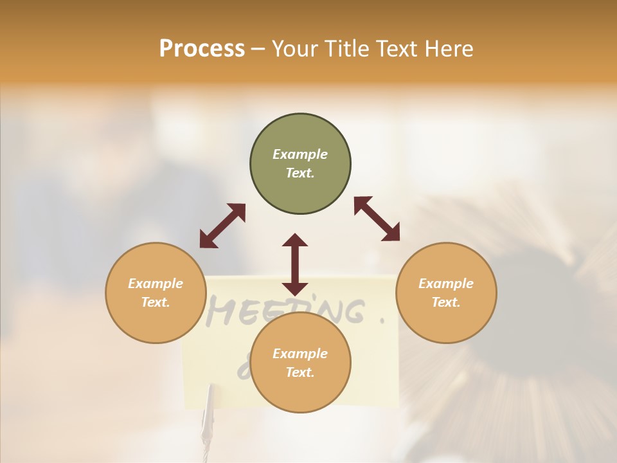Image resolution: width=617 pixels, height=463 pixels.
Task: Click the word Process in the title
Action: click(x=202, y=49)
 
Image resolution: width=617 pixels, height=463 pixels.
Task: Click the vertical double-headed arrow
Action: click(x=295, y=264)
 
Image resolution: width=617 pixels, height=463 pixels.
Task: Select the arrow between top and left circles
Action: click(x=222, y=226)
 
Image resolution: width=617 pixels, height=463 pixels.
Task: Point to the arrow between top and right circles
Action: click(x=377, y=219)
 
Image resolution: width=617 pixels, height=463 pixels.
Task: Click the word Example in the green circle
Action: click(x=300, y=154)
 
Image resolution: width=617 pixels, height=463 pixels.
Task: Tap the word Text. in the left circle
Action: click(x=156, y=302)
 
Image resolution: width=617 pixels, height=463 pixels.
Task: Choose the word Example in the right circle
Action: click(x=446, y=284)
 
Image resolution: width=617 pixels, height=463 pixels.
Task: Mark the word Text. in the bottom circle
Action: click(x=300, y=372)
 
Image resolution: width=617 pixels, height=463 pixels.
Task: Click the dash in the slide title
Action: click(x=258, y=50)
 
